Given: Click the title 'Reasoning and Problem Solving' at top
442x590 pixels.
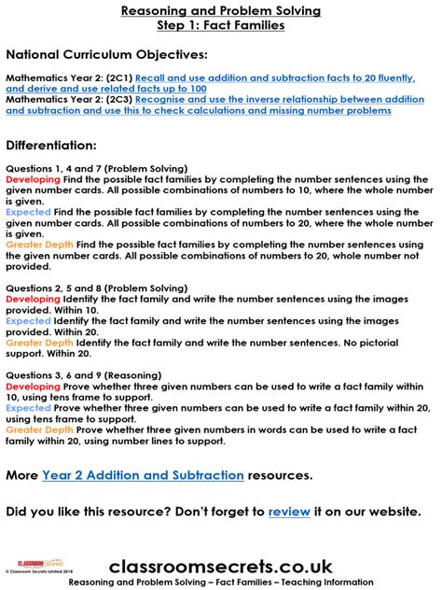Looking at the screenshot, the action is (x=221, y=10).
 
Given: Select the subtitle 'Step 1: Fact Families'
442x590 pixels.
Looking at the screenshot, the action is (x=221, y=25).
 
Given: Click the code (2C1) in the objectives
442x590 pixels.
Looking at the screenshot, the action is (x=117, y=78).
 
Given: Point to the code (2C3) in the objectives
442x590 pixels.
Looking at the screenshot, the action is (x=117, y=99).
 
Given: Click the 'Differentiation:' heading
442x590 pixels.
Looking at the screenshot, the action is (x=51, y=146).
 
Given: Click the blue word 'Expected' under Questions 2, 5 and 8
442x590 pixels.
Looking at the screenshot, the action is (x=27, y=320).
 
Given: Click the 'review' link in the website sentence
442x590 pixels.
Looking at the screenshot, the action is (x=286, y=512).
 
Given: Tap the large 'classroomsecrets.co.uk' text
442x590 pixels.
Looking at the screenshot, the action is (x=221, y=565).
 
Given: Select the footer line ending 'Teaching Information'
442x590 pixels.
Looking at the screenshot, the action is (x=221, y=582).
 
